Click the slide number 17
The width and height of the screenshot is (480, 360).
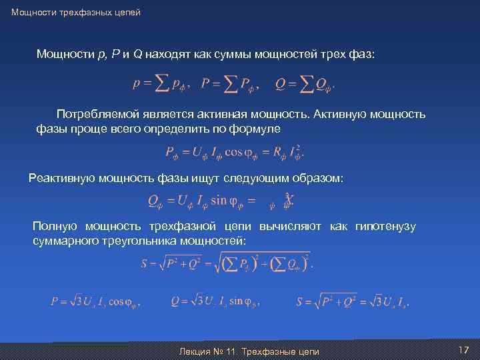(x=464, y=350)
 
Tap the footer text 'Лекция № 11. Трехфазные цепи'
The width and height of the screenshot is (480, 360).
(x=250, y=351)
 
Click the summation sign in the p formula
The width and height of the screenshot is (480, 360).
(x=161, y=84)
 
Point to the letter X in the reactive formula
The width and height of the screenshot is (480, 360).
(x=290, y=199)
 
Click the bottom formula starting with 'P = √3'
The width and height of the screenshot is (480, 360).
(x=97, y=301)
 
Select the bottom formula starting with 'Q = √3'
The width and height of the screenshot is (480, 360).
(x=215, y=301)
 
